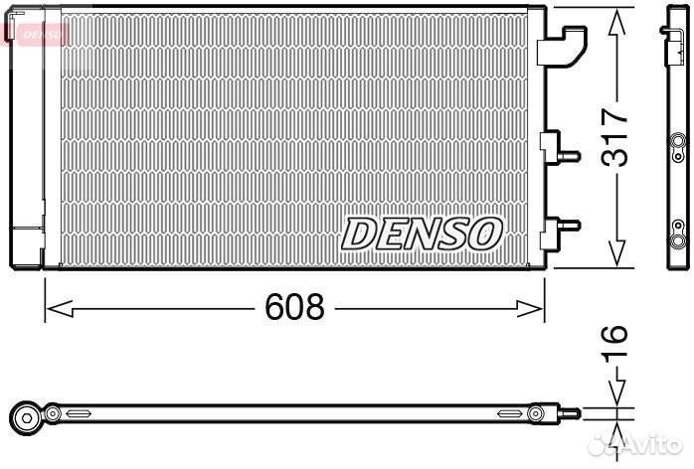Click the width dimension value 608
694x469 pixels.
[x=294, y=307]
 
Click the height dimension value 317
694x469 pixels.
[x=614, y=137]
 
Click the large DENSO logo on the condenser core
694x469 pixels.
[x=422, y=234]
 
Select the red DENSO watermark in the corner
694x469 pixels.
[x=36, y=34]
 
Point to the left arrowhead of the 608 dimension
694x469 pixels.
[x=60, y=308]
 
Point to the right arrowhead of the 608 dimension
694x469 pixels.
[x=530, y=308]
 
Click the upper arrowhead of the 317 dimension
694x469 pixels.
[x=616, y=23]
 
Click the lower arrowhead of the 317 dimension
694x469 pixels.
[x=616, y=253]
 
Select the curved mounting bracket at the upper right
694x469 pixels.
[x=562, y=47]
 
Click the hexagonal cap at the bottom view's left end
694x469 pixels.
[x=27, y=418]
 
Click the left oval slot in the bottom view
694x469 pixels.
[x=79, y=413]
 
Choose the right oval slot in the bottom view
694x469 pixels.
[x=510, y=413]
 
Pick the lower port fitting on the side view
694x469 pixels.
[x=677, y=234]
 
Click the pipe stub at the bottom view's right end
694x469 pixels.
[x=570, y=413]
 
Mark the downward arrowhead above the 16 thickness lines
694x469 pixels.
[x=616, y=391]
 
